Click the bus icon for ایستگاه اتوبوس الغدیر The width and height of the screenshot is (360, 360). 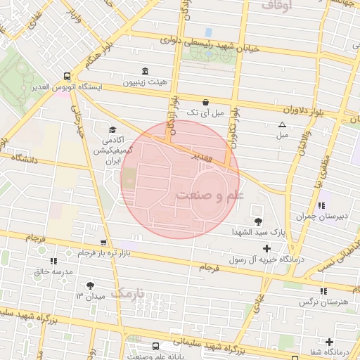coord(67,76)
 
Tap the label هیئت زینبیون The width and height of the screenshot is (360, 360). coord(145,82)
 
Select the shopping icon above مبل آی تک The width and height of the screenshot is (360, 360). coord(205,101)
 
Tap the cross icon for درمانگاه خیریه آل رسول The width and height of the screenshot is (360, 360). coord(266,248)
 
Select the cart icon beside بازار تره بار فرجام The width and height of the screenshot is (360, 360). coord(103,242)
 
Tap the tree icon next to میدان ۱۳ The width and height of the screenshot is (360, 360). coord(89,285)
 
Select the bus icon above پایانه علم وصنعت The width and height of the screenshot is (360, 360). coord(156,346)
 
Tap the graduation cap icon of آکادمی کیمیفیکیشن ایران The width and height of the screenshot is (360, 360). coord(112,129)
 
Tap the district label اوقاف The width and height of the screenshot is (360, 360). coord(276,5)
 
